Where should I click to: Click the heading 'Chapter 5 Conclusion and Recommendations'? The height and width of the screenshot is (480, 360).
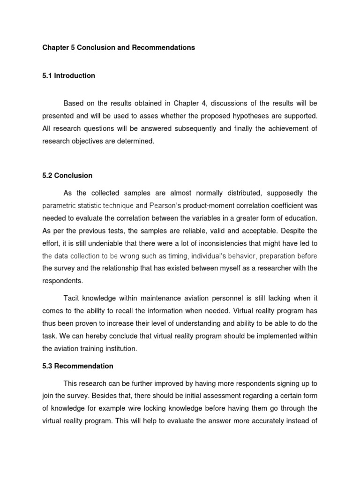(118, 48)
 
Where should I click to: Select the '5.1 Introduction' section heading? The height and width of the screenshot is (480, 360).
(68, 75)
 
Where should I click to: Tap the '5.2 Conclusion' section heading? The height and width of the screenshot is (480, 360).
(67, 176)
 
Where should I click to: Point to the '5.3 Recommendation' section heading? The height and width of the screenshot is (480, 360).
(77, 366)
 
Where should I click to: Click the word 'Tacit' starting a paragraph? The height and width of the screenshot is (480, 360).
(71, 298)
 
